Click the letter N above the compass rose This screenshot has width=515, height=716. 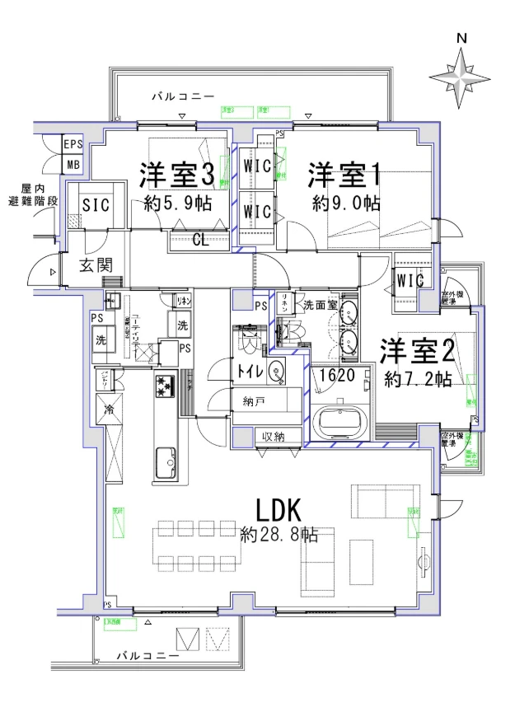coord(462,38)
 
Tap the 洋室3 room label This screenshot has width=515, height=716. coord(177,175)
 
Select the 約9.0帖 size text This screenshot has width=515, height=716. coord(345,203)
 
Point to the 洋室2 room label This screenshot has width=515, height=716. coord(417,352)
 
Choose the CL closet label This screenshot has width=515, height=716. coord(199,241)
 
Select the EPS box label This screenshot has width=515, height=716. coord(73,144)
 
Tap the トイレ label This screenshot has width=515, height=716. coord(250,372)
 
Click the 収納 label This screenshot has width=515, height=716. coord(274,436)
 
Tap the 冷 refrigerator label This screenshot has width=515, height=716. coord(108,409)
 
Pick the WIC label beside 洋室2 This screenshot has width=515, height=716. coord(410,281)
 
